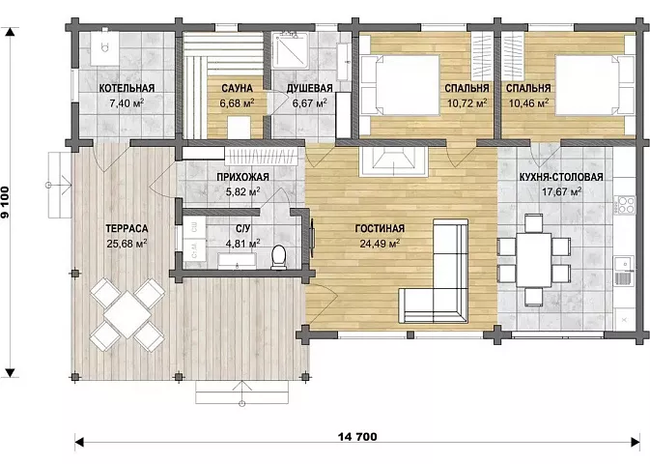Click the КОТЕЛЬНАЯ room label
tap(127, 88)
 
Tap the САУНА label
tap(237, 88)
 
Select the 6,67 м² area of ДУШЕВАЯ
tap(309, 102)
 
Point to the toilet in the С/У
tap(278, 256)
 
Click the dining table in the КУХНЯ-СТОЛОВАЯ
tap(533, 260)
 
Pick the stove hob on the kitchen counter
tap(624, 204)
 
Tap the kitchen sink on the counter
tap(624, 271)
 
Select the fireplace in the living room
tap(394, 161)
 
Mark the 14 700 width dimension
tap(357, 437)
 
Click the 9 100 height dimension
tap(6, 202)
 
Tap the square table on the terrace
tap(127, 314)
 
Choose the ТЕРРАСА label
tap(127, 229)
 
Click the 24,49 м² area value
tap(380, 244)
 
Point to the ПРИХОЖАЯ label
tap(243, 177)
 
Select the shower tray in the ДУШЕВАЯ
tap(290, 50)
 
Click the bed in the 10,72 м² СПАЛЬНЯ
tap(400, 85)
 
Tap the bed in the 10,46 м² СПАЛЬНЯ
tap(594, 85)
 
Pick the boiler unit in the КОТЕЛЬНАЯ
tap(105, 47)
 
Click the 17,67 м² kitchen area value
tap(562, 191)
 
